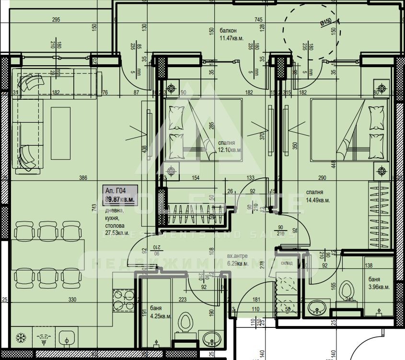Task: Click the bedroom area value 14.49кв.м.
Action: pyautogui.click(x=318, y=200)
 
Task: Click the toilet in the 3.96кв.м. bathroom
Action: pyautogui.click(x=346, y=290)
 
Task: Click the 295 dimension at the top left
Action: pyautogui.click(x=56, y=20)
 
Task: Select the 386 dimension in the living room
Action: pyautogui.click(x=83, y=178)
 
